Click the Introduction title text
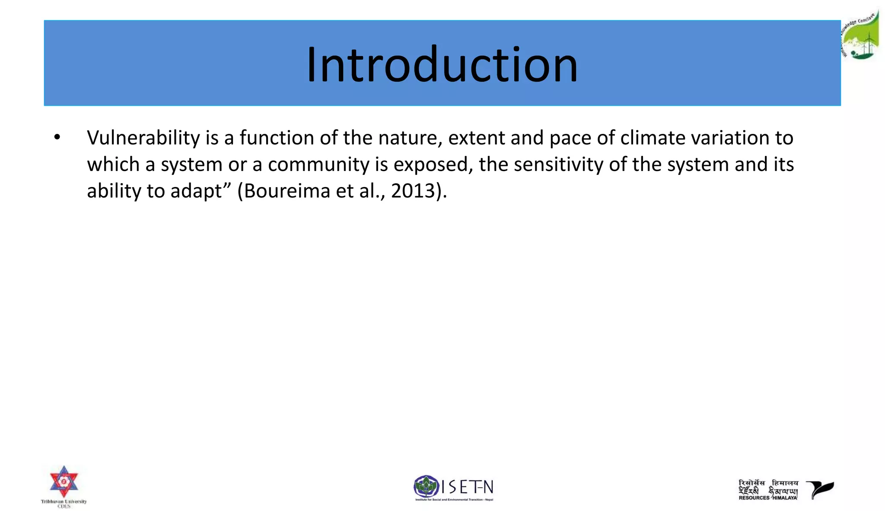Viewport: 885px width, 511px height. point(442,65)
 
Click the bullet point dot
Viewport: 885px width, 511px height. point(57,138)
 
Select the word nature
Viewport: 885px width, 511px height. point(410,138)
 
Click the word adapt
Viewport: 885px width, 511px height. point(196,191)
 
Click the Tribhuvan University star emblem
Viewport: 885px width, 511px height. point(64,481)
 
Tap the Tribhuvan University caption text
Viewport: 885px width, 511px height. point(64,501)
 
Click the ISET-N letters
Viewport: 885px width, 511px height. point(468,487)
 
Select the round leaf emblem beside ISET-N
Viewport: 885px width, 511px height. point(426,486)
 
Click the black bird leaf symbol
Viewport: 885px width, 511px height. point(820,489)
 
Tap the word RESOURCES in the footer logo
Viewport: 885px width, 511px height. point(754,498)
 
